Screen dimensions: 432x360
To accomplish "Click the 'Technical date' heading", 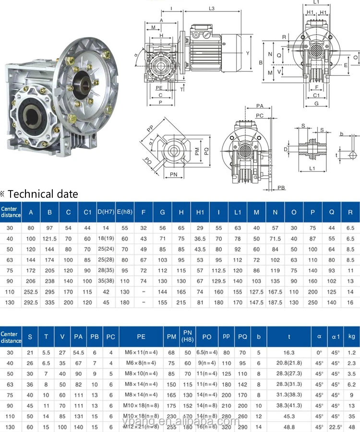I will (42, 194).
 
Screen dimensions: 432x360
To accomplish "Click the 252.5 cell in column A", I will (31, 291).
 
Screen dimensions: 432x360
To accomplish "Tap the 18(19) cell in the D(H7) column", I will (107, 239).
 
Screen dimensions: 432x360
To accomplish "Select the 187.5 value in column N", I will (275, 302).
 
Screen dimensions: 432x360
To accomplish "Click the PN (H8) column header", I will (188, 336).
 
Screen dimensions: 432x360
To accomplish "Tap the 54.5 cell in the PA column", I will (78, 353).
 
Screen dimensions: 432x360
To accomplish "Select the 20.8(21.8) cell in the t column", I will (288, 363).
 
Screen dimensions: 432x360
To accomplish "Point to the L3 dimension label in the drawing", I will (212, 9).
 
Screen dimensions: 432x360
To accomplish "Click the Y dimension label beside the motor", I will (248, 53).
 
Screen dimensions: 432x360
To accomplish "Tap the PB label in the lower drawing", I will (281, 188).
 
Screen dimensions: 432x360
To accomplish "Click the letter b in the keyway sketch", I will (342, 134).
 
